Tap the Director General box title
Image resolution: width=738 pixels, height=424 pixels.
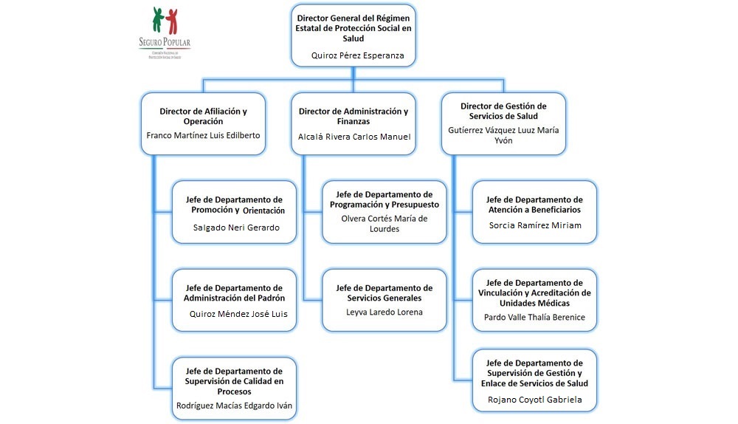pyautogui.click(x=354, y=27)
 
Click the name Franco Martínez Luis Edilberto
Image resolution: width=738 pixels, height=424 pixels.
pyautogui.click(x=203, y=135)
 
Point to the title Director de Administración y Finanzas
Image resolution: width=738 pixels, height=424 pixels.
pyautogui.click(x=354, y=116)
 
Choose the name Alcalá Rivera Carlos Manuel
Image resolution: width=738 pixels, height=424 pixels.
pyautogui.click(x=354, y=137)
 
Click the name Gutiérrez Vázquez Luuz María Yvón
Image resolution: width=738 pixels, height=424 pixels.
pyautogui.click(x=503, y=134)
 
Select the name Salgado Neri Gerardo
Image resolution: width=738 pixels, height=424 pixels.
pyautogui.click(x=236, y=227)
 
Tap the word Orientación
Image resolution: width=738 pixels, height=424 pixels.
pyautogui.click(x=263, y=211)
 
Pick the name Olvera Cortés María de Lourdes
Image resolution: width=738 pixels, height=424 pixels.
pyautogui.click(x=384, y=223)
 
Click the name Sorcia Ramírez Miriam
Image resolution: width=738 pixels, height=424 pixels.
pyautogui.click(x=534, y=225)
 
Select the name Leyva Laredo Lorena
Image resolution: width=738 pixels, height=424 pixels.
pyautogui.click(x=384, y=312)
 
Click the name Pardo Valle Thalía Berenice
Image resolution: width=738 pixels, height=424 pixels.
pyautogui.click(x=534, y=317)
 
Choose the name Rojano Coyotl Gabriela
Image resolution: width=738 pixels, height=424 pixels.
pyautogui.click(x=534, y=400)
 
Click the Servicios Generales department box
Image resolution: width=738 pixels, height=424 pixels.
pyautogui.click(x=384, y=299)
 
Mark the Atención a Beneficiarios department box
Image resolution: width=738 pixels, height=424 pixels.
pyautogui.click(x=534, y=211)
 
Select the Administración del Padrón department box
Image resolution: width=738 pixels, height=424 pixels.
pyautogui.click(x=235, y=299)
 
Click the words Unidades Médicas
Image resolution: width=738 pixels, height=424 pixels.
pyautogui.click(x=534, y=302)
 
